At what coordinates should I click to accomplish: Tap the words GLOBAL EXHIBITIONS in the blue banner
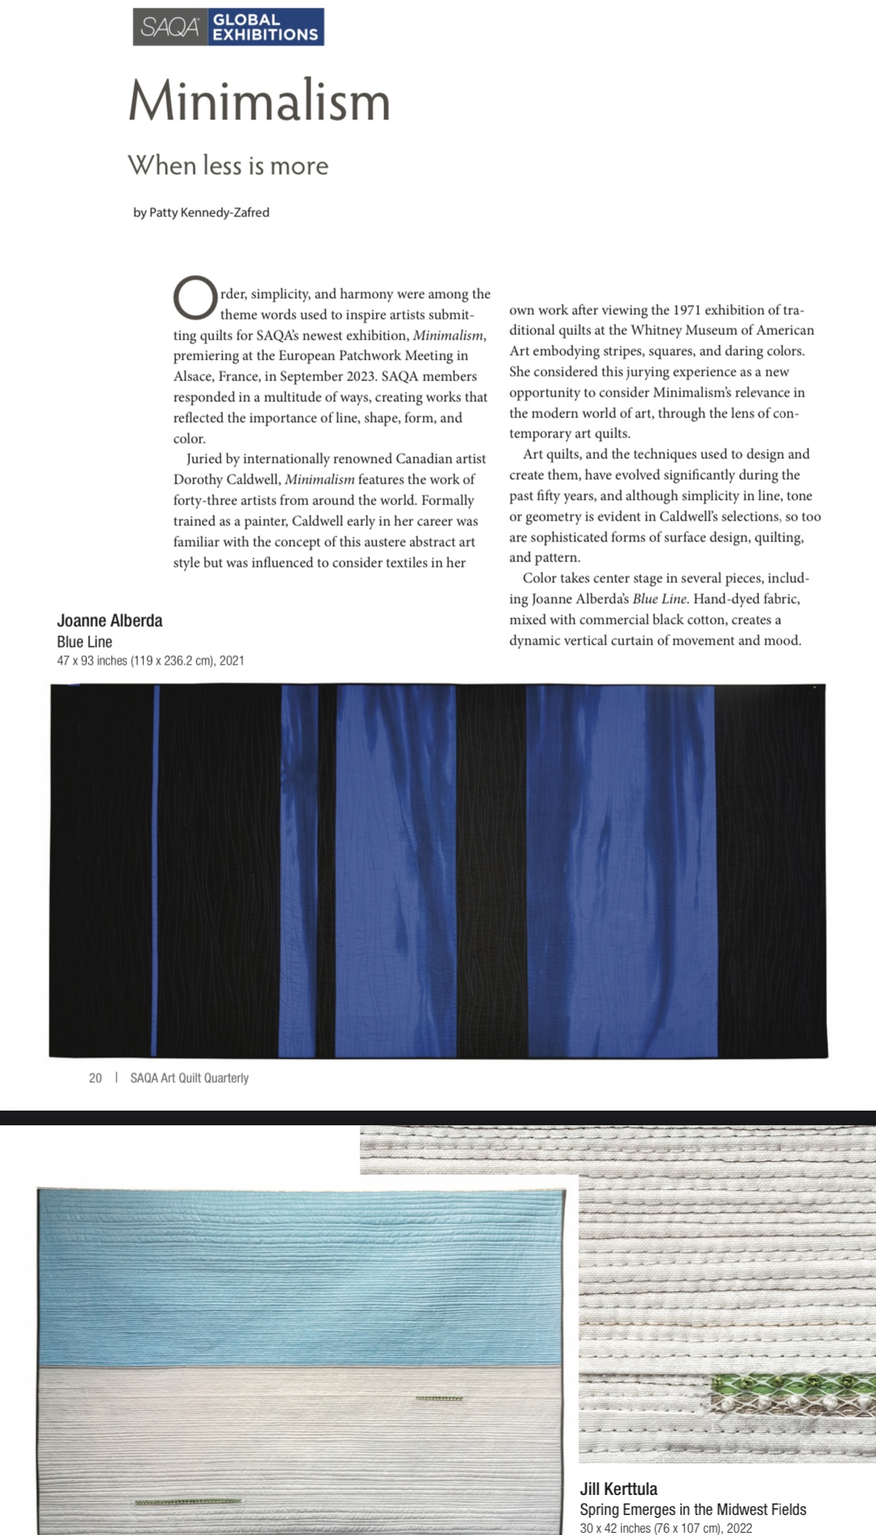pyautogui.click(x=265, y=28)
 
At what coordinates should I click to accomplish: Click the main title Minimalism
pyautogui.click(x=259, y=100)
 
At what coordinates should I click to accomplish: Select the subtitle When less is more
pyautogui.click(x=228, y=165)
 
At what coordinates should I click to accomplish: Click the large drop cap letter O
pyautogui.click(x=195, y=298)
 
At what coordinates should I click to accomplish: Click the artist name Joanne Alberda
pyautogui.click(x=109, y=621)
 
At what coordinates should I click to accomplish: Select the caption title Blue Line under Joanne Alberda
pyautogui.click(x=85, y=642)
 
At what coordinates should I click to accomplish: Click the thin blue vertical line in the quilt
pyautogui.click(x=156, y=870)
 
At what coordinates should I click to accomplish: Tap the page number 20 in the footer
pyautogui.click(x=95, y=1078)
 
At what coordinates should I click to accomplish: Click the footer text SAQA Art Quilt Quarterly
pyautogui.click(x=189, y=1078)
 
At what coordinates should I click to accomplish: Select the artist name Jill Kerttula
pyautogui.click(x=619, y=1489)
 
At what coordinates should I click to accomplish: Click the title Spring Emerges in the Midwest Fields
pyautogui.click(x=693, y=1510)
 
